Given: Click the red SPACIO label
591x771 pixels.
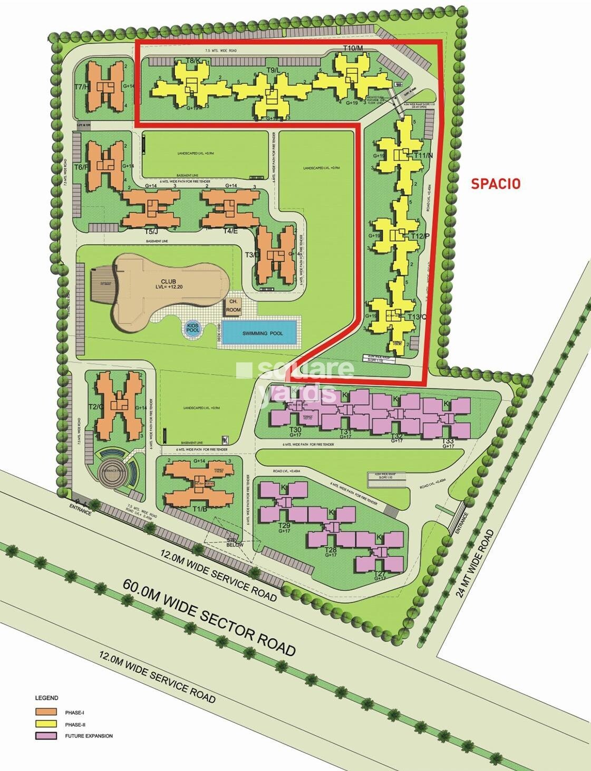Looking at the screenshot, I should [x=495, y=184].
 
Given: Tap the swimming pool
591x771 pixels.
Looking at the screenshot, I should [x=262, y=333].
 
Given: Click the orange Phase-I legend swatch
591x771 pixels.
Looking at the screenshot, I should [x=46, y=712].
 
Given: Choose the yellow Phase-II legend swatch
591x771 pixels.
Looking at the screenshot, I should [x=46, y=724].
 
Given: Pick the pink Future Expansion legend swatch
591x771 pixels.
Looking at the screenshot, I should [x=46, y=736].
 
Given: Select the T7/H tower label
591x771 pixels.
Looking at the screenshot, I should [x=82, y=87].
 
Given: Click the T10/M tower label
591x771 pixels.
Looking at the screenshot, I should [x=353, y=49].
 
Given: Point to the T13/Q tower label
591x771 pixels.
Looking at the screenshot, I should [x=416, y=317].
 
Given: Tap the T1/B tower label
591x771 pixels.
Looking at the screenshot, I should [x=199, y=509].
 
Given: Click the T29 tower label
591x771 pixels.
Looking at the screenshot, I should [x=284, y=526].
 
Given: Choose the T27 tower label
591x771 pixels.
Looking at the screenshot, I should [x=379, y=574].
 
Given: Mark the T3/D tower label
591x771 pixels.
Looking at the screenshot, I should [x=252, y=255].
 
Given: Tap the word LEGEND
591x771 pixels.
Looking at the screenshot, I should [x=46, y=698].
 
